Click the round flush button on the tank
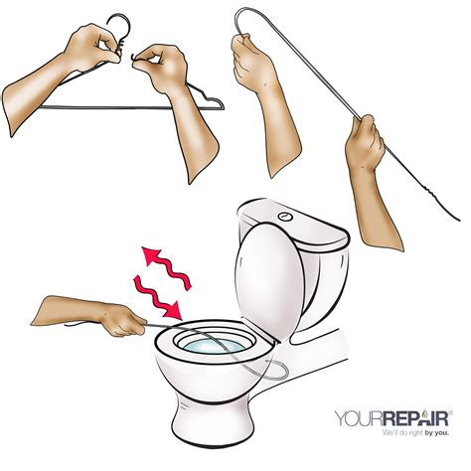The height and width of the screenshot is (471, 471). pyautogui.click(x=286, y=217)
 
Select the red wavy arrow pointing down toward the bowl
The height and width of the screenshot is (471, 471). pyautogui.click(x=158, y=297)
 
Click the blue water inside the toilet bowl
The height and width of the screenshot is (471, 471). pyautogui.click(x=214, y=347)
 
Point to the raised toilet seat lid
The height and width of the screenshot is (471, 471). pyautogui.click(x=269, y=281)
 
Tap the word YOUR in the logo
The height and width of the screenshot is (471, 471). pyautogui.click(x=359, y=418)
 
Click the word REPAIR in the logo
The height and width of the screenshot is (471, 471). pyautogui.click(x=416, y=418)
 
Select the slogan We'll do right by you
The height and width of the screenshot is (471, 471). pyautogui.click(x=416, y=433)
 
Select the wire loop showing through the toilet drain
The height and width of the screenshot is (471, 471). pyautogui.click(x=271, y=371)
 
